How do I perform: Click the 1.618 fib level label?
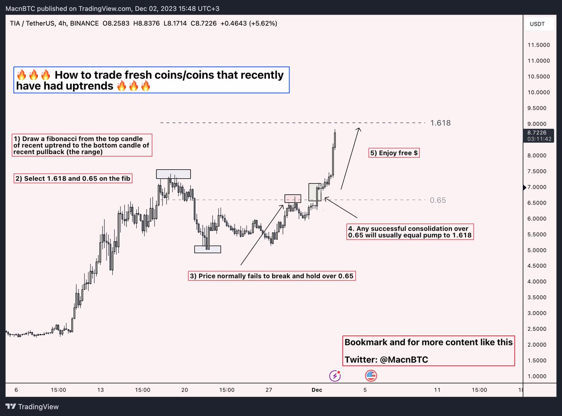tap(440, 123)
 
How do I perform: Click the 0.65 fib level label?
tap(438, 200)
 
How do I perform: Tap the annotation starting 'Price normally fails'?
tap(271, 276)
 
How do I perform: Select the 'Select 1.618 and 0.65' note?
tap(73, 178)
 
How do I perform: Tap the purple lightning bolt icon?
tap(335, 375)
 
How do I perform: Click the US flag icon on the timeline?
tap(371, 375)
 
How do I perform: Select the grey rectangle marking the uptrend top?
tap(173, 174)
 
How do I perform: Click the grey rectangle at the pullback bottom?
tap(207, 249)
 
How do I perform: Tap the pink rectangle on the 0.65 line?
tap(292, 198)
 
